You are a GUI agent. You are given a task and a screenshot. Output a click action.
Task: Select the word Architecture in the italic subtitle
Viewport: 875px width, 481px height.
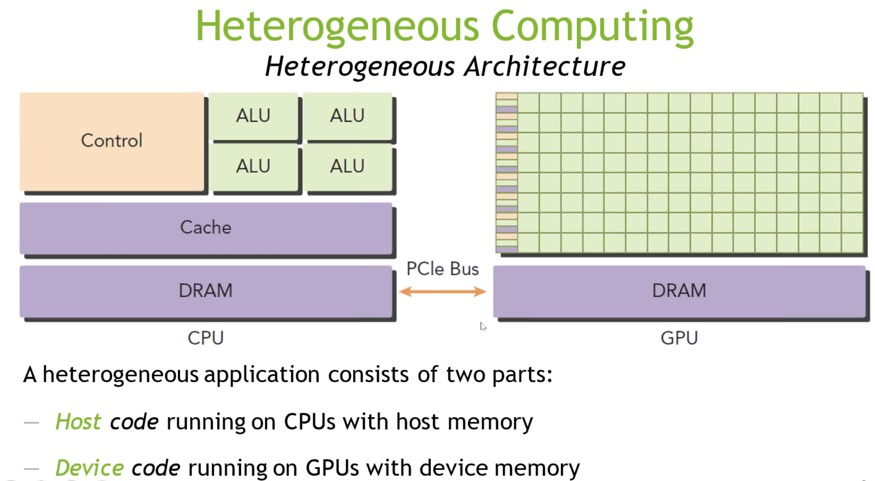pyautogui.click(x=545, y=66)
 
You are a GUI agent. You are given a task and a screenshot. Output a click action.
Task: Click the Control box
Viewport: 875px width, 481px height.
pyautogui.click(x=112, y=141)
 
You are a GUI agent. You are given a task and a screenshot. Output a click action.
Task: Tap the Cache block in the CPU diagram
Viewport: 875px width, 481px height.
pyautogui.click(x=206, y=228)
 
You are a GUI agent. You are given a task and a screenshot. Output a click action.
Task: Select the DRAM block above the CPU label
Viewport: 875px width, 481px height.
pyautogui.click(x=206, y=291)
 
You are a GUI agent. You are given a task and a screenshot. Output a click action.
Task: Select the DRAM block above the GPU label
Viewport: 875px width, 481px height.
pyautogui.click(x=679, y=291)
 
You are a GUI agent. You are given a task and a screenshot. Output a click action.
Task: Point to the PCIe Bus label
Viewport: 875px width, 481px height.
pyautogui.click(x=443, y=269)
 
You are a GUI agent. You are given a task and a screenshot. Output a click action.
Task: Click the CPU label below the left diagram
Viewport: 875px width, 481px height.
pyautogui.click(x=206, y=338)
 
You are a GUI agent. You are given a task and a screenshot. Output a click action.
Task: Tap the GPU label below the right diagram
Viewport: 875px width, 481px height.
pyautogui.click(x=679, y=338)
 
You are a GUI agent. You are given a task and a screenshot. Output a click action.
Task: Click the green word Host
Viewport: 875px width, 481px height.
pyautogui.click(x=78, y=422)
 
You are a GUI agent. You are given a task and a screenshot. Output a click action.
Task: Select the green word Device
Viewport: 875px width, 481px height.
pyautogui.click(x=89, y=468)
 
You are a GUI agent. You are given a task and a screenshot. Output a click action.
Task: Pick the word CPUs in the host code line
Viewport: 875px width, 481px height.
pyautogui.click(x=310, y=422)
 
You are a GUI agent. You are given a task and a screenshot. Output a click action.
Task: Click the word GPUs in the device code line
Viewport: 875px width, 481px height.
pyautogui.click(x=332, y=468)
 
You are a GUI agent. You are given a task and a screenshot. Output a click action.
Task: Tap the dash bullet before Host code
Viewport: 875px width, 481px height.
pyautogui.click(x=32, y=423)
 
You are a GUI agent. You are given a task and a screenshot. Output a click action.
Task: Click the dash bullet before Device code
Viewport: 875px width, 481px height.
pyautogui.click(x=32, y=469)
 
